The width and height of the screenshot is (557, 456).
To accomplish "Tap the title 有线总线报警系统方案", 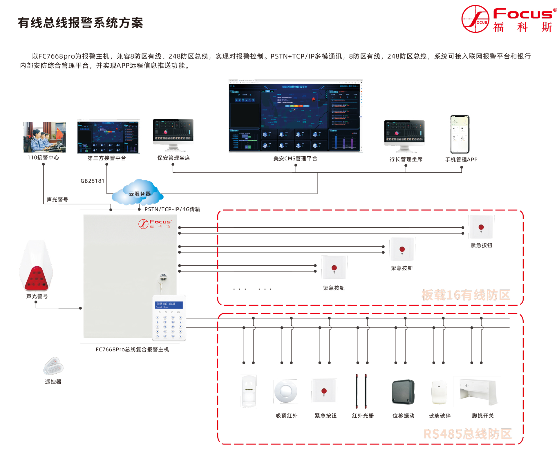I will coord(80,23).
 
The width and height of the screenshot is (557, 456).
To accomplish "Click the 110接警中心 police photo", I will coord(44,137).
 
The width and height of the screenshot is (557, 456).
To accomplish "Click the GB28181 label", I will coord(92,181).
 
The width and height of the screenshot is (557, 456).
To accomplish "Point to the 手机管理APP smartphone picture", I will coord(460,134).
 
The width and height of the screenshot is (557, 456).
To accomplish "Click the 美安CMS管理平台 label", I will coord(295,158).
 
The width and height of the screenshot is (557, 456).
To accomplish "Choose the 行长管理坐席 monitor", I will coord(404,135).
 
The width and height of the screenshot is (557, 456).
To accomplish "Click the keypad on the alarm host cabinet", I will coord(169,318).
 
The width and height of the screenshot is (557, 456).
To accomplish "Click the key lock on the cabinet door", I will coord(163,277).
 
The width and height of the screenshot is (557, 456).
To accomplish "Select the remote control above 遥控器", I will coord(53,366).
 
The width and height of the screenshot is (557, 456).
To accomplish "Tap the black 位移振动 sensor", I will coord(403,392).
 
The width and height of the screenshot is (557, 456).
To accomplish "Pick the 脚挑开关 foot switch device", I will coord(477,391).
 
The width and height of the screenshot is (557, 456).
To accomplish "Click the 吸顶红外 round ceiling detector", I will coord(285,391).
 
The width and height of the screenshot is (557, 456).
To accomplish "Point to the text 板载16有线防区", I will coord(465,295).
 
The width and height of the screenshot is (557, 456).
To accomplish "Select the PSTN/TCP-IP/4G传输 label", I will coord(172,209).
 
